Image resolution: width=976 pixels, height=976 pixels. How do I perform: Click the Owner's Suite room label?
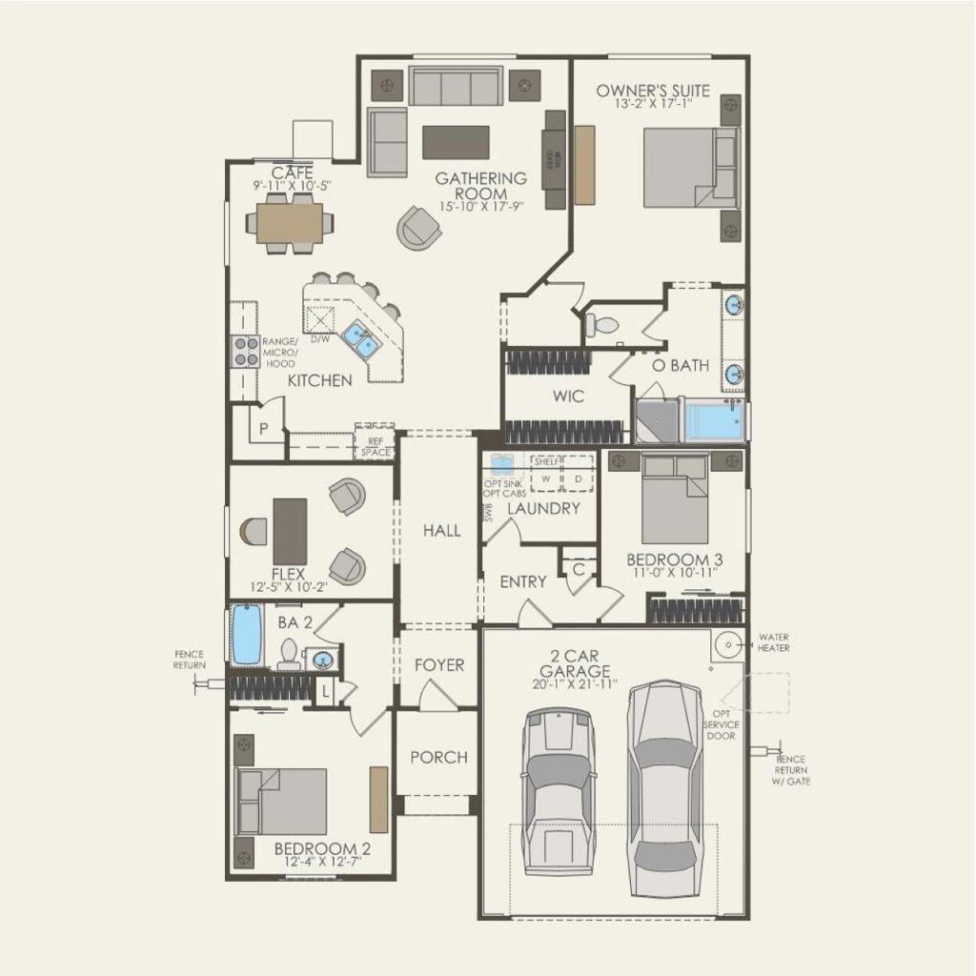click(653, 91)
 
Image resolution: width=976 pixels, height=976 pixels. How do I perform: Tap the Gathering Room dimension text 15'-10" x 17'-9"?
click(480, 206)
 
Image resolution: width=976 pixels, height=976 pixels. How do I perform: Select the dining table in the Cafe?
click(290, 224)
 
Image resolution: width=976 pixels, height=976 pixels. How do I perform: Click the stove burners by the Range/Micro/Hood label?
click(247, 352)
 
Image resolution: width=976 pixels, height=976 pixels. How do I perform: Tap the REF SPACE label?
click(375, 446)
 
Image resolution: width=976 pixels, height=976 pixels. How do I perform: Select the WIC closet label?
click(568, 396)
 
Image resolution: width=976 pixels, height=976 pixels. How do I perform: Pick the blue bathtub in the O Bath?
click(715, 421)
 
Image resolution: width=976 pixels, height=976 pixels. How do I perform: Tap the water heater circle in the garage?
click(727, 645)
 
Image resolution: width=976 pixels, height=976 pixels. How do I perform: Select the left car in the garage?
click(559, 791)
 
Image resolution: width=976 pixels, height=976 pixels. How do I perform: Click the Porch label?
click(438, 758)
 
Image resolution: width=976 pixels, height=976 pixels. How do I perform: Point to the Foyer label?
click(438, 665)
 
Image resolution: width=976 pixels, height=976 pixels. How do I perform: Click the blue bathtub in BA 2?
click(247, 636)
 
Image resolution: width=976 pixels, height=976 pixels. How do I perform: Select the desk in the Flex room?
click(290, 531)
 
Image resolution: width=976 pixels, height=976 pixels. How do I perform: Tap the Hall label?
click(442, 531)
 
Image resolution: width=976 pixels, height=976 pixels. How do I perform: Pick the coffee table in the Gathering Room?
click(456, 143)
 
